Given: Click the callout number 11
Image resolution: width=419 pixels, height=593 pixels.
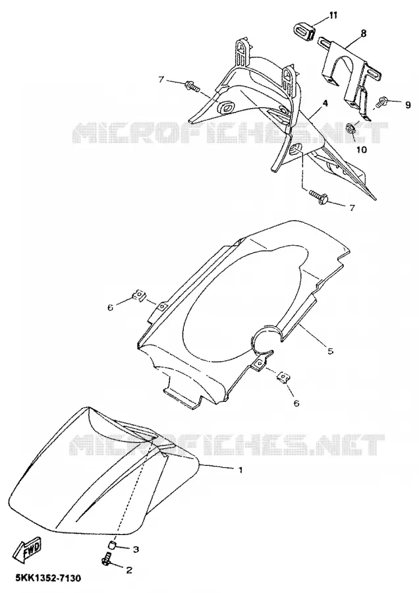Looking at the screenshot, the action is (x=333, y=15).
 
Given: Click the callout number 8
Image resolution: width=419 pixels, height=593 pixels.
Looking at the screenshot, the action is (x=363, y=34).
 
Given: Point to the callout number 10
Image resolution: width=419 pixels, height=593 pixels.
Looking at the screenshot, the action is (x=362, y=150).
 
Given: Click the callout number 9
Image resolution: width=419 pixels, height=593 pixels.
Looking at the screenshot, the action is (x=408, y=105).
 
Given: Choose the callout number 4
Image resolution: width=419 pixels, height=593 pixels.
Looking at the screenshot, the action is (x=325, y=103).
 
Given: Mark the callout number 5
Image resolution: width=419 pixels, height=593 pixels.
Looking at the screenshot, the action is (x=330, y=351).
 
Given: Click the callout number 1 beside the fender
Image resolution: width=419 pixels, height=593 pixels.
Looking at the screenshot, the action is (x=240, y=470).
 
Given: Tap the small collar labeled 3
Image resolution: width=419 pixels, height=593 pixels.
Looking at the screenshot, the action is (x=112, y=546).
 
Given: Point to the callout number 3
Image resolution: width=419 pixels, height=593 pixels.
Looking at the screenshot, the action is (x=136, y=548).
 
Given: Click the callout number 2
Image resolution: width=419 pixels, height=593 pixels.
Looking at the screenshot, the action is (x=129, y=571).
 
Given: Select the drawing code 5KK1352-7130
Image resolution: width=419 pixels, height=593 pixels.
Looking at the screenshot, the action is (x=48, y=579).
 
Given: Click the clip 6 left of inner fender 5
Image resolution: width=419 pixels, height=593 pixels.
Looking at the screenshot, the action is (x=140, y=295).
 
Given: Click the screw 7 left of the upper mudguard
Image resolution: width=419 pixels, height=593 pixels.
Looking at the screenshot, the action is (x=192, y=87).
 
